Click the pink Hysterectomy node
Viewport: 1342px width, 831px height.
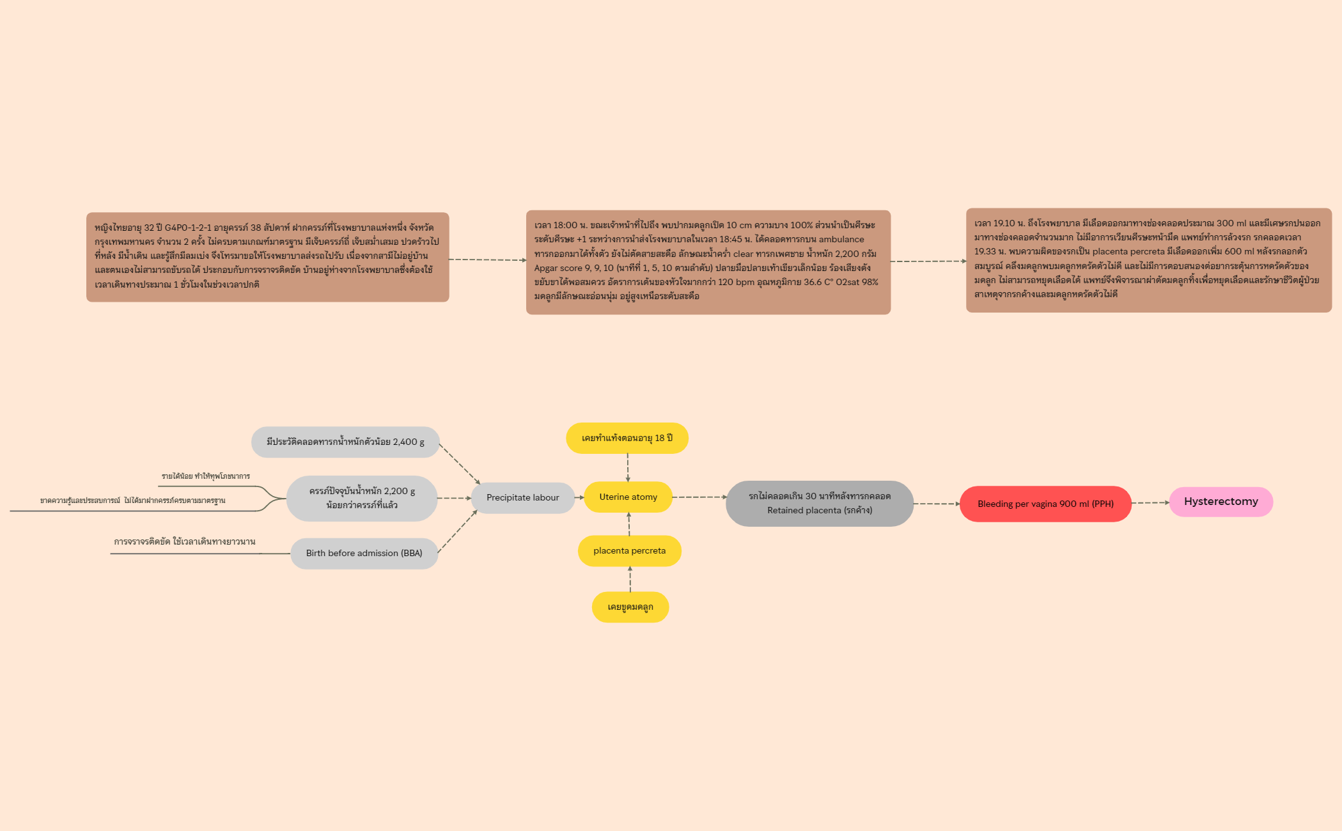(x=1221, y=502)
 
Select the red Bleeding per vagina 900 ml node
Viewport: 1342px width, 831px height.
(x=1045, y=504)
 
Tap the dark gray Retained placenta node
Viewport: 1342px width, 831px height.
(x=820, y=503)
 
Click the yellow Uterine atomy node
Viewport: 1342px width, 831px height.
(x=628, y=497)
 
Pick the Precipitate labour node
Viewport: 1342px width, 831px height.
(x=523, y=497)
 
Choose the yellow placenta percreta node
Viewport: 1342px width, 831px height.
(x=629, y=550)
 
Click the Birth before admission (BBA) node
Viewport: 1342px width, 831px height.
(x=364, y=553)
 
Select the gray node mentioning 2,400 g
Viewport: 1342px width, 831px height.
(x=345, y=442)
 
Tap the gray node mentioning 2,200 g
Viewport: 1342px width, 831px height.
(x=362, y=498)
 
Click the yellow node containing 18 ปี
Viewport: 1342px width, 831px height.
(x=627, y=438)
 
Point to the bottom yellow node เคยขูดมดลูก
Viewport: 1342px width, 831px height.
(x=630, y=607)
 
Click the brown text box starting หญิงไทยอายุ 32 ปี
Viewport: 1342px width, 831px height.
(x=268, y=257)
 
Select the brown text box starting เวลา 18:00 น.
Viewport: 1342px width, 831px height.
(x=708, y=262)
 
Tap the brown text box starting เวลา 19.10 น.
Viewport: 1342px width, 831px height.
(x=1149, y=260)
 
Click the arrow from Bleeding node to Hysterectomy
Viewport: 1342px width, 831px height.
(x=1151, y=503)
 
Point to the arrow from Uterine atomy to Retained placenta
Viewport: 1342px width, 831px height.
(x=699, y=497)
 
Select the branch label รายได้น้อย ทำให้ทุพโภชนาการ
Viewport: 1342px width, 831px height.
(x=206, y=476)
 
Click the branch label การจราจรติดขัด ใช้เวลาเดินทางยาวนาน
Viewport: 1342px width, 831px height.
(x=185, y=541)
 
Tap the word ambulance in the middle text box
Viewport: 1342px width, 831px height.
(x=841, y=239)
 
